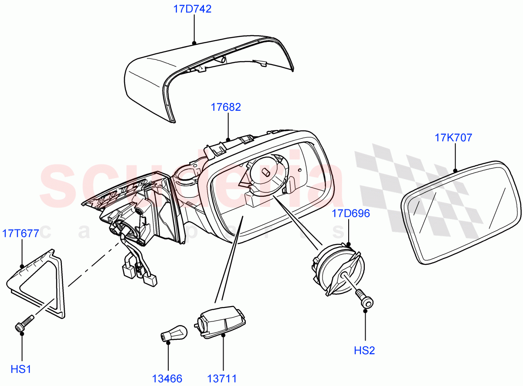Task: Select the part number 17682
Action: click(x=225, y=107)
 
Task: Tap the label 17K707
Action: click(x=453, y=138)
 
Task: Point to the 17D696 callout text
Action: click(x=351, y=214)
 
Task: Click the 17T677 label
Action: click(x=20, y=233)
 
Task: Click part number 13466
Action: click(x=167, y=378)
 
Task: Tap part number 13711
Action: click(x=222, y=378)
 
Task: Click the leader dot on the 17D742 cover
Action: click(x=194, y=43)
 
